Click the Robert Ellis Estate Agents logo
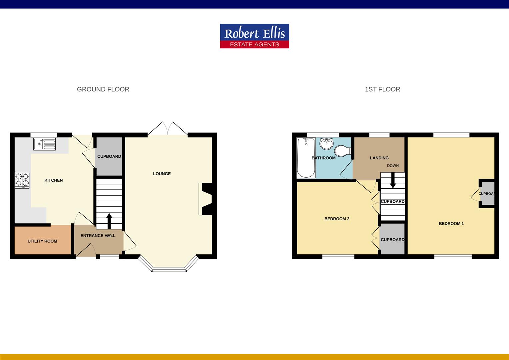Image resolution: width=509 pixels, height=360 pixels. (254, 36)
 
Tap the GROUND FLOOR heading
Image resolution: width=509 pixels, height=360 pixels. (103, 89)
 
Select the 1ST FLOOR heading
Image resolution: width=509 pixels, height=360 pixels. (382, 89)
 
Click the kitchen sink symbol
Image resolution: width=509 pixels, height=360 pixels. (45, 144)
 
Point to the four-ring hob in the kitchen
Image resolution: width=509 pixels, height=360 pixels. (22, 181)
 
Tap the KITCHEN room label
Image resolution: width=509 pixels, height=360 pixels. (54, 180)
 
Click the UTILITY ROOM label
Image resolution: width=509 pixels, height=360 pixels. (42, 241)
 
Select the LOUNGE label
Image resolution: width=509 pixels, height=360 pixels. (162, 174)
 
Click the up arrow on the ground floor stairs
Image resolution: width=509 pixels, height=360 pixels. (109, 220)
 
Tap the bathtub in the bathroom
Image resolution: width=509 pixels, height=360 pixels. (306, 158)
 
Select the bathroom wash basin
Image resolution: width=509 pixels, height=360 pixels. (326, 144)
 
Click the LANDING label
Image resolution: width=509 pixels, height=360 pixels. (379, 158)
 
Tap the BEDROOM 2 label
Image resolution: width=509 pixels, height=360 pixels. (337, 219)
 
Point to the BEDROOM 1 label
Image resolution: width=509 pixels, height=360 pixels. (451, 224)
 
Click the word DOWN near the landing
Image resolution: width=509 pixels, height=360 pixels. (393, 166)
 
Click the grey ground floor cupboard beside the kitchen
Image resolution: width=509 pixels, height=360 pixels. (109, 157)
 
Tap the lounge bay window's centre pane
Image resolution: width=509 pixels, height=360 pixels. (169, 269)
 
